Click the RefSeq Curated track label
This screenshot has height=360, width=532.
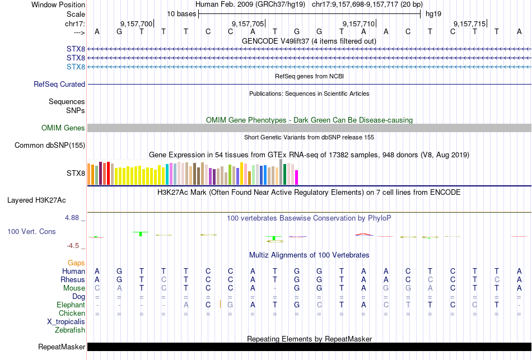pos(59,84)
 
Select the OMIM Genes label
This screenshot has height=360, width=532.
pos(63,128)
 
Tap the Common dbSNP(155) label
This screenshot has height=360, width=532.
pos(49,146)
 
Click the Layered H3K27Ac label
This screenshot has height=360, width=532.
pos(46,200)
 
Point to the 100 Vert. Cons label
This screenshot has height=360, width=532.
pos(31,231)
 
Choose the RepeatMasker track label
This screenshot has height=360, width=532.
pos(62,347)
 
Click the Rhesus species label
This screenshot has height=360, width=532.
pos(73,279)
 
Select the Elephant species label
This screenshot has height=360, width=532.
pos(71,305)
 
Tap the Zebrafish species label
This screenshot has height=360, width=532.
pos(69,330)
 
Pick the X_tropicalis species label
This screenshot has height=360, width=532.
pos(66,321)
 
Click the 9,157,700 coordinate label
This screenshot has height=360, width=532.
pos(136,24)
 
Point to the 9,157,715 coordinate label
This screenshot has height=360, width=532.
pos(469,24)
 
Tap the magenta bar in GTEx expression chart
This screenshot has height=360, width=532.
pos(296,177)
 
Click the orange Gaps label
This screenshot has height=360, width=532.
pos(76,263)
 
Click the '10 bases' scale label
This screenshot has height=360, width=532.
pos(181,13)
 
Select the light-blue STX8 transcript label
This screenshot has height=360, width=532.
pos(76,67)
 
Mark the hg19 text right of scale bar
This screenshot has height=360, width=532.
pos(433,13)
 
